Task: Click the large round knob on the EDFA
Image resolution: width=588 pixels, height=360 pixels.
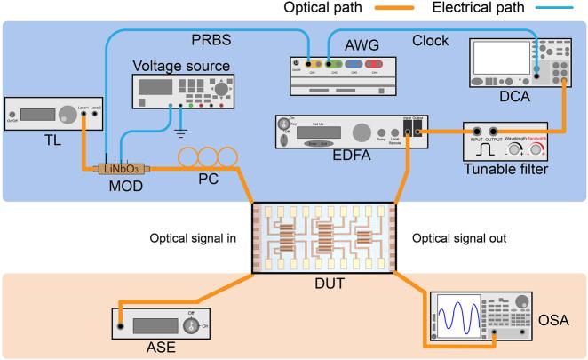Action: (362, 133)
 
